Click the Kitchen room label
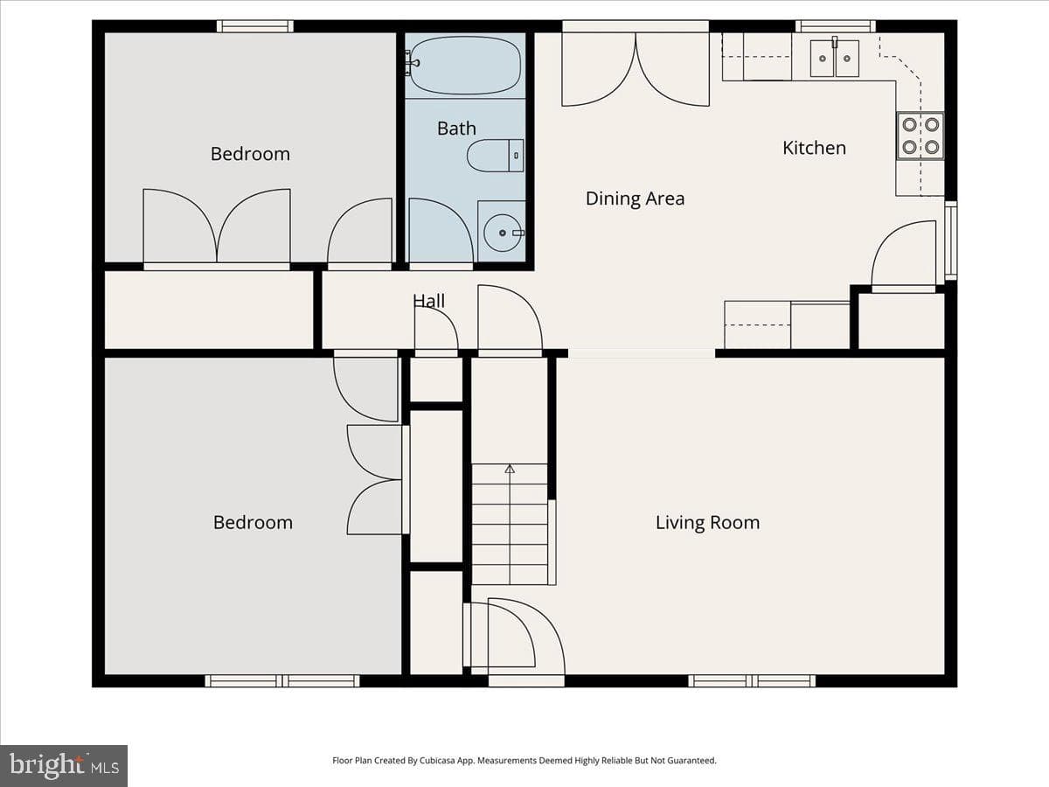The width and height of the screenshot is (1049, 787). [x=815, y=148]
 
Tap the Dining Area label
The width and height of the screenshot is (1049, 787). [x=636, y=198]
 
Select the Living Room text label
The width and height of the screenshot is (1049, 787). [x=708, y=523]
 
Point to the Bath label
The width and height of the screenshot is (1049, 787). [x=457, y=129]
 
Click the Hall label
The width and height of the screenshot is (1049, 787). [x=428, y=301]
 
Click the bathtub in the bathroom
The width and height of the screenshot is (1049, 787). [x=465, y=66]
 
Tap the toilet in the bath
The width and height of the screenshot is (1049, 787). [x=495, y=156]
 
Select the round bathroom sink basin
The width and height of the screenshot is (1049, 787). [x=503, y=233]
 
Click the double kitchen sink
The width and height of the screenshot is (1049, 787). [x=835, y=59]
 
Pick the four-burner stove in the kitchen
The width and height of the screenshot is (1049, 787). [x=920, y=136]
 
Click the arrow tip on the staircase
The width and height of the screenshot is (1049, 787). [x=510, y=465]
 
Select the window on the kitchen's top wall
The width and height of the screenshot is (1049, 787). [x=836, y=26]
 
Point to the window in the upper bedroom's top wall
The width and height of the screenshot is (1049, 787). [x=255, y=26]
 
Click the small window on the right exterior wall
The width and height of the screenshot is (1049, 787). [x=951, y=240]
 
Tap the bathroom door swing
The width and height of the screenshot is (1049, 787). [x=441, y=230]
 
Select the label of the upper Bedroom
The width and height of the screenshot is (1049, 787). [x=250, y=154]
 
